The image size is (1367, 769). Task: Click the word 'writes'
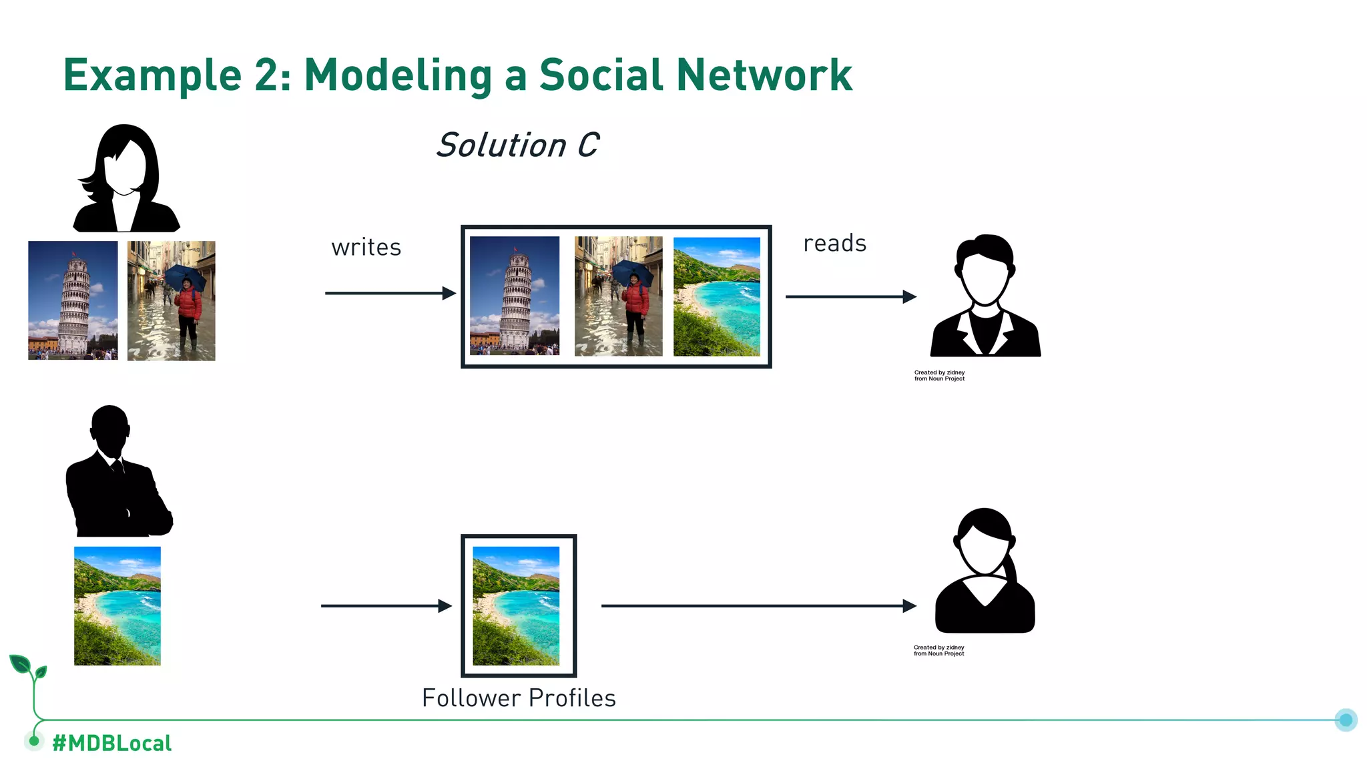[366, 248]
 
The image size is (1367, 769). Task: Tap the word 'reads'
[834, 244]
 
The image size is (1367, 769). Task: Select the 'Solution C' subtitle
[517, 146]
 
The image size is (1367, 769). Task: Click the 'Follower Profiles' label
[519, 698]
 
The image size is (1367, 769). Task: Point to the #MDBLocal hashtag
[111, 743]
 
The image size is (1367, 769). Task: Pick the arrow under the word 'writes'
[390, 293]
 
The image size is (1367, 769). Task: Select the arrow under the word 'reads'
[850, 296]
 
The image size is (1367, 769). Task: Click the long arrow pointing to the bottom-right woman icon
[758, 606]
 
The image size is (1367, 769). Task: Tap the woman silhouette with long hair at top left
[125, 179]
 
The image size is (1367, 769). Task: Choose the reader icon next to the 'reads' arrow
[985, 296]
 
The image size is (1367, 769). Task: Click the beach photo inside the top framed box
[716, 296]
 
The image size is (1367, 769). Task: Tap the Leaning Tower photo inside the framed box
[515, 296]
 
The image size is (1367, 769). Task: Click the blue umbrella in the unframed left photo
[185, 275]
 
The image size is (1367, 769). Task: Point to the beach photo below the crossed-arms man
[117, 606]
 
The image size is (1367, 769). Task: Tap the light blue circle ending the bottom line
[1346, 720]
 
